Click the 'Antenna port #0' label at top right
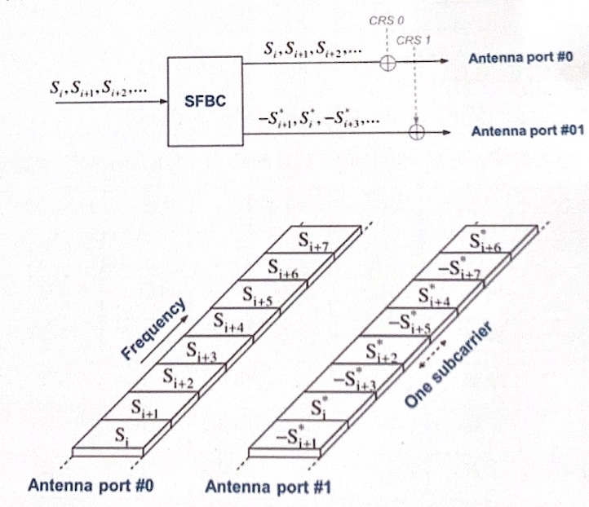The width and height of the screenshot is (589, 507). coord(523,60)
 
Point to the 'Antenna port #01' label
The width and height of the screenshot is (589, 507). coord(525,130)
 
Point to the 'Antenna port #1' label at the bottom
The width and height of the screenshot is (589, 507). coord(255,487)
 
